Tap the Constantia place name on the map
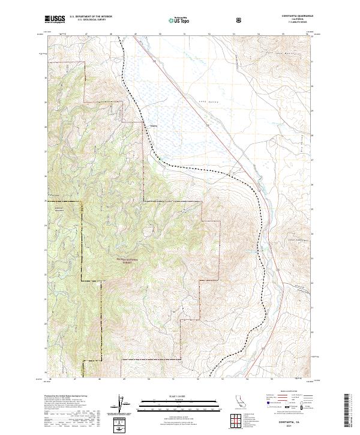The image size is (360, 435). coord(154,126)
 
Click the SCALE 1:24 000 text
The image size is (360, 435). coord(180,396)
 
